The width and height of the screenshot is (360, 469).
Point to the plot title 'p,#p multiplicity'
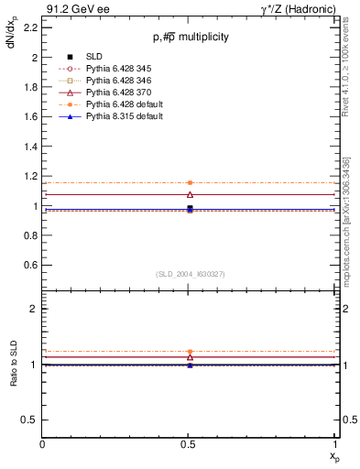191,37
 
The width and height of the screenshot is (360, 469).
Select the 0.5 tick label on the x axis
190,444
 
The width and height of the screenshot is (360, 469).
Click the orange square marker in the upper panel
190,183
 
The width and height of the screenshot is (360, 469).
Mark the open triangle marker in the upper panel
190,194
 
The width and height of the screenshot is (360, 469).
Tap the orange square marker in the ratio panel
190,352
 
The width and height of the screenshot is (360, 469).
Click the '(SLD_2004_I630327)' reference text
191,273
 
